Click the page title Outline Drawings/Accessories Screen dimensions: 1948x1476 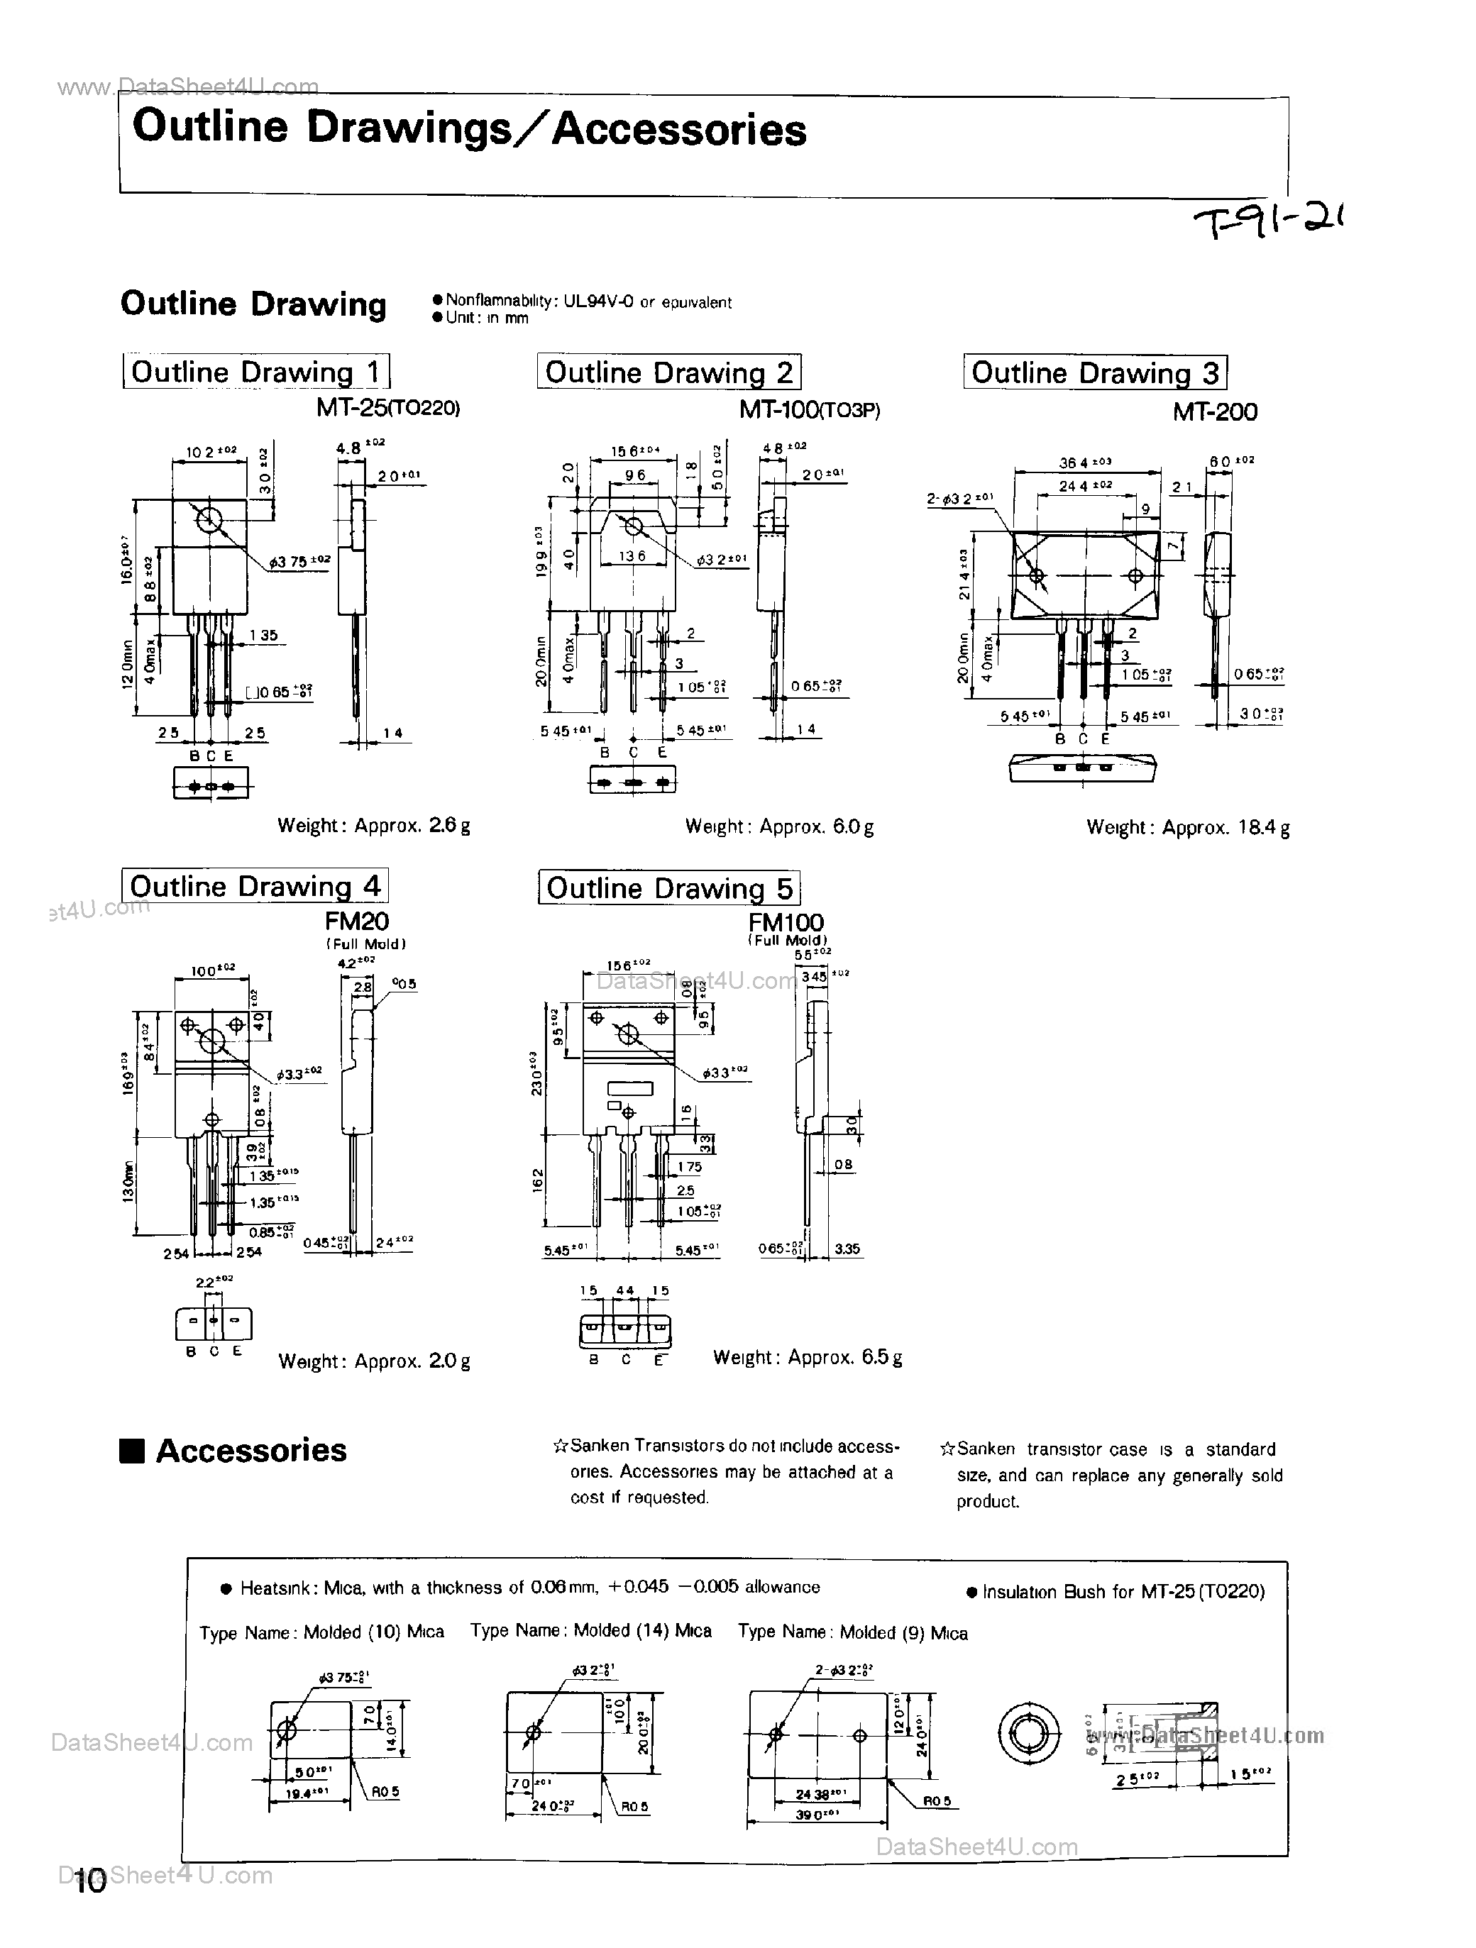(x=468, y=128)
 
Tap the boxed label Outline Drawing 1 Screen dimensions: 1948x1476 (x=255, y=372)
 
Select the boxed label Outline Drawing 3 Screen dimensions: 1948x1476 (x=1095, y=372)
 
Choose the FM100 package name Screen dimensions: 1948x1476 (x=786, y=922)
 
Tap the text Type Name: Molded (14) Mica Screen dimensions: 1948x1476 (x=590, y=1631)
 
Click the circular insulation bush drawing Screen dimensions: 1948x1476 (x=1029, y=1734)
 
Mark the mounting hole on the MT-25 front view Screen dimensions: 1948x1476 (x=209, y=519)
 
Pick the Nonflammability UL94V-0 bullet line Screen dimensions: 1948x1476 (x=581, y=302)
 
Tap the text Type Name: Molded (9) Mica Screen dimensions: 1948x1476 (x=852, y=1633)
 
